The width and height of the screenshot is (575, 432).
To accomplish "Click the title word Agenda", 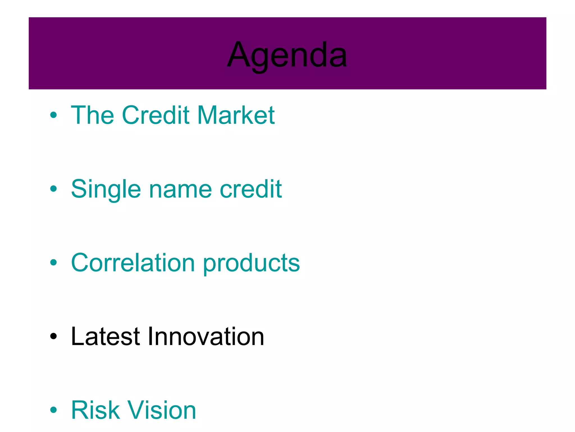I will click(x=287, y=55).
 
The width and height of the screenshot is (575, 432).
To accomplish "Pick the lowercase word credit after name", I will click(x=251, y=189).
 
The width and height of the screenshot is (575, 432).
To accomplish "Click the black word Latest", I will click(x=105, y=336).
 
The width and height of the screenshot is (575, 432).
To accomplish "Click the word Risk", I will click(x=95, y=410).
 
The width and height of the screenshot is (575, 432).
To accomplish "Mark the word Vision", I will click(x=162, y=410).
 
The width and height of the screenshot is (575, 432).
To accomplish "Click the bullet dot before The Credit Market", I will click(x=53, y=115).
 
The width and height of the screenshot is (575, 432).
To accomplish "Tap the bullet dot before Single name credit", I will click(x=53, y=189).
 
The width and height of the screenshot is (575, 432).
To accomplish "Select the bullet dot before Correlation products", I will click(x=53, y=262).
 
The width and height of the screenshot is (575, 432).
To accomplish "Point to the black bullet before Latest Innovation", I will click(x=53, y=336).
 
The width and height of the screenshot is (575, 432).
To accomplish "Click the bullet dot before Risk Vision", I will click(x=53, y=410).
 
